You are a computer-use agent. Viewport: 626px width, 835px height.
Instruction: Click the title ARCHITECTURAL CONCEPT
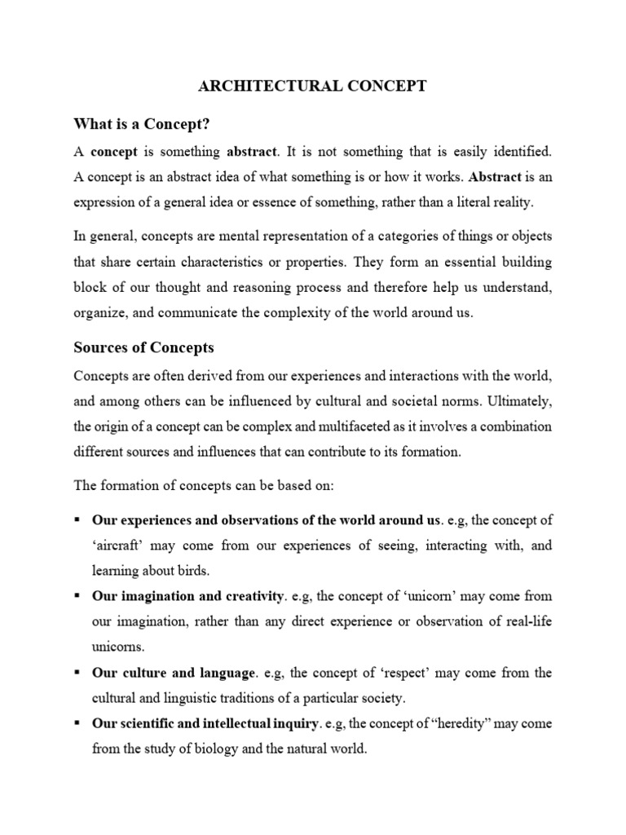[314, 86]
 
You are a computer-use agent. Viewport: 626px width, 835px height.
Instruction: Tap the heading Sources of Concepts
[143, 347]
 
